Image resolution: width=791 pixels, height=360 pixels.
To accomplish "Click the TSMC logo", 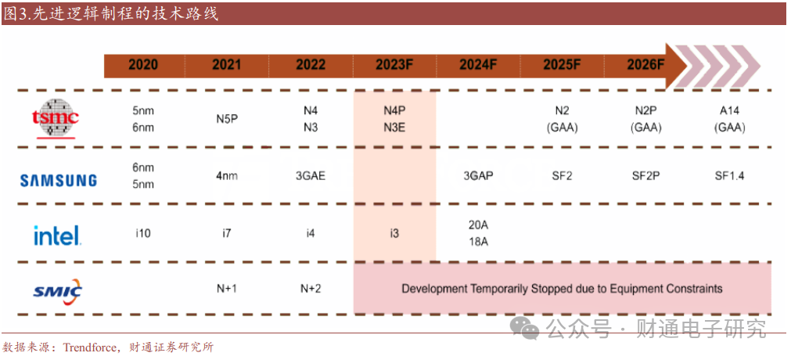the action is [x=56, y=119].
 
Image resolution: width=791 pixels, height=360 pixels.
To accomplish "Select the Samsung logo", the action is [x=59, y=180].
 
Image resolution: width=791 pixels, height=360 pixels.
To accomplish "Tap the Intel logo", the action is [x=57, y=236].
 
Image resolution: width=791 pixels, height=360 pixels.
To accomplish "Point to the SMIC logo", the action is [x=58, y=290].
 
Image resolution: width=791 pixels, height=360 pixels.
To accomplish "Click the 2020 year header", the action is [x=142, y=65].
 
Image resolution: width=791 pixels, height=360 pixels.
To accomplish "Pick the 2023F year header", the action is [x=394, y=65].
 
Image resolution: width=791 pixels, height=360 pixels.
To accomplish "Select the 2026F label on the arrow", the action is [x=646, y=65].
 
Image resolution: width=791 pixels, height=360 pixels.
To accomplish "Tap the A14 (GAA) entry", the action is [x=729, y=119].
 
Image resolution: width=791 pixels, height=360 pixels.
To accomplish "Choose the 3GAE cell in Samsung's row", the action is [x=311, y=176].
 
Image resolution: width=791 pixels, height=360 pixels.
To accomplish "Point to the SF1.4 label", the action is [x=729, y=176].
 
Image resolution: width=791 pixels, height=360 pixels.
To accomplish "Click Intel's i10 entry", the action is [x=142, y=233].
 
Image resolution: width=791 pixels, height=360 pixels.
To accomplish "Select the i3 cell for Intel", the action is [x=394, y=233].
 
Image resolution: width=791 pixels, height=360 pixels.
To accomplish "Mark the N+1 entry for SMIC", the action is [x=227, y=288].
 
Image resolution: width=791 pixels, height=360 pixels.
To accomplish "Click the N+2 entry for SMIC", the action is [x=311, y=288].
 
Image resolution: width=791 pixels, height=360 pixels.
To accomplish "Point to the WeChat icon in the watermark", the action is [x=524, y=329].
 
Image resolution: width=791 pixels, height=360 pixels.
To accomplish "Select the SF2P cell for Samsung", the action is [x=646, y=176].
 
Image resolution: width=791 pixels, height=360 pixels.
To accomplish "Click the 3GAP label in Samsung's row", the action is [x=478, y=176].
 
